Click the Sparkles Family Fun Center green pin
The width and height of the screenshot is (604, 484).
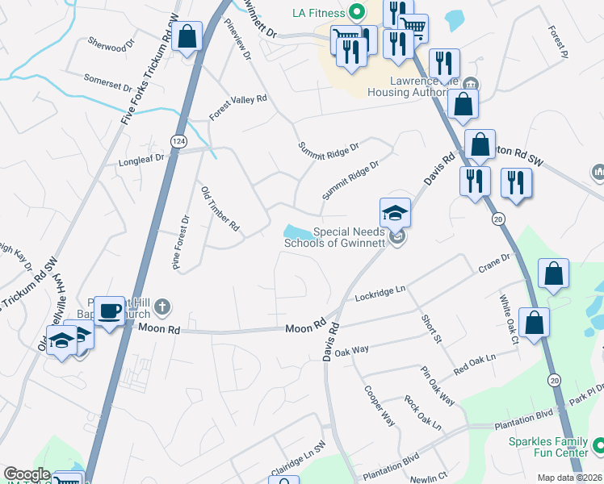(598, 444)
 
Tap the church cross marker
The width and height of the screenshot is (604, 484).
(162, 306)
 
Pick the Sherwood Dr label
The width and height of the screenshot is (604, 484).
(107, 45)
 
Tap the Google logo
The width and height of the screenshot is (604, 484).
(27, 475)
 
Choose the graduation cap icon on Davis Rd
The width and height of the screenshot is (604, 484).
(395, 213)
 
